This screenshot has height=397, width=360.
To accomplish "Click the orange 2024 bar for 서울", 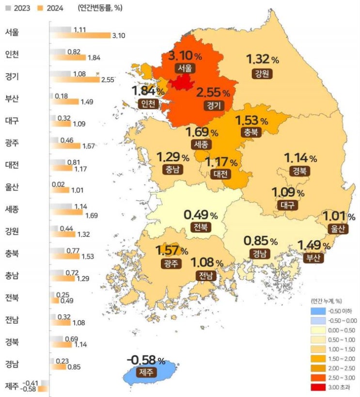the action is tap(80, 35).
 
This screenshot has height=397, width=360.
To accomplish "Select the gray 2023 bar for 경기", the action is tap(60, 74).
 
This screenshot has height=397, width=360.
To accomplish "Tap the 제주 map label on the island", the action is tap(146, 372).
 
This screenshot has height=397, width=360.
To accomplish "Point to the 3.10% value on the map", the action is tap(185, 55).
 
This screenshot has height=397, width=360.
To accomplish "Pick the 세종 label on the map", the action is tap(201, 144).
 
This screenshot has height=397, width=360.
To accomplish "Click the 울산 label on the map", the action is tap(338, 229).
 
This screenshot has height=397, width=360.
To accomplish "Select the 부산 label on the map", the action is tap(313, 258).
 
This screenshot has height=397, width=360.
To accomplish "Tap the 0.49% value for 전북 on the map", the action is tap(201, 215).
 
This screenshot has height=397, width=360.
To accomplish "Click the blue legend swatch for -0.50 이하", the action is tap(318, 311).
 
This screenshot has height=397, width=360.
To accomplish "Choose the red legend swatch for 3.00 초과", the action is tap(318, 387).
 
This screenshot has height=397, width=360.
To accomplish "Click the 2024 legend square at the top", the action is tap(40, 8).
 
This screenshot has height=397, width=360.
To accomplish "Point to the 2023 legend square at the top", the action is tap(8, 8).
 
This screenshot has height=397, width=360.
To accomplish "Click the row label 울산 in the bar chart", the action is tap(12, 187).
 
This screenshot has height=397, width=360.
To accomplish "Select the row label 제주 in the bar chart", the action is tap(12, 386).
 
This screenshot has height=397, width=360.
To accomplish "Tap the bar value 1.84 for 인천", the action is tap(94, 58).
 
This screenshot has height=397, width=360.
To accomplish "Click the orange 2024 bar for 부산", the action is tap(64, 101).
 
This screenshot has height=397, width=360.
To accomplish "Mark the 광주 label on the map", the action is tap(172, 264).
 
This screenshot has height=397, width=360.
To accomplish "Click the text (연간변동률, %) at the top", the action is tap(100, 8).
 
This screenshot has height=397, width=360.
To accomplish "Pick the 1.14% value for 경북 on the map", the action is tap(300, 158).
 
